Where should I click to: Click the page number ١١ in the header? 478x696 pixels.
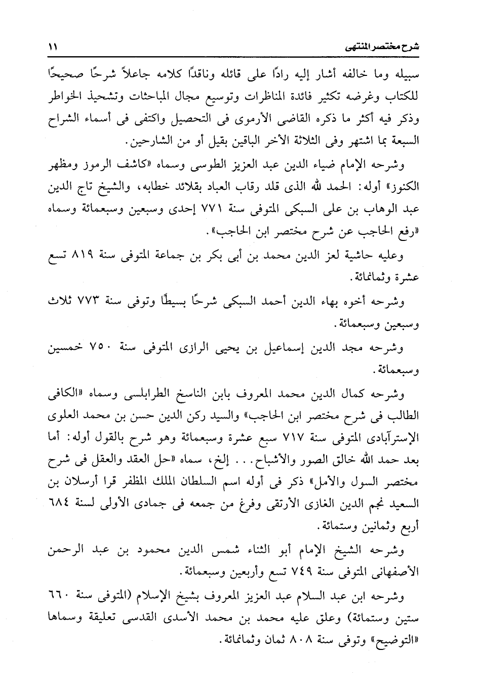point(52,47)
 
